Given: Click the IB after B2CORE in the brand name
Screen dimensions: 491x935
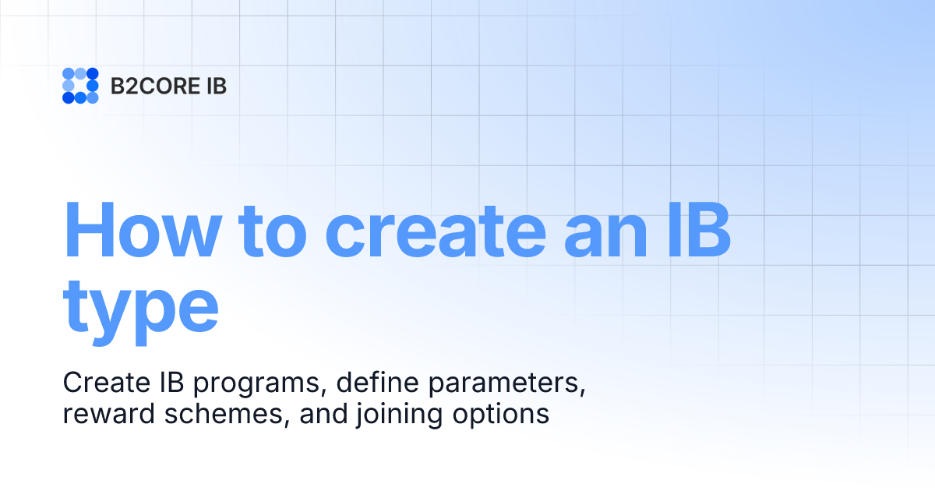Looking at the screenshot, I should click(x=214, y=86).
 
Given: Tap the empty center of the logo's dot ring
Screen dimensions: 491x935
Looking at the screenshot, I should click(x=80, y=86).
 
